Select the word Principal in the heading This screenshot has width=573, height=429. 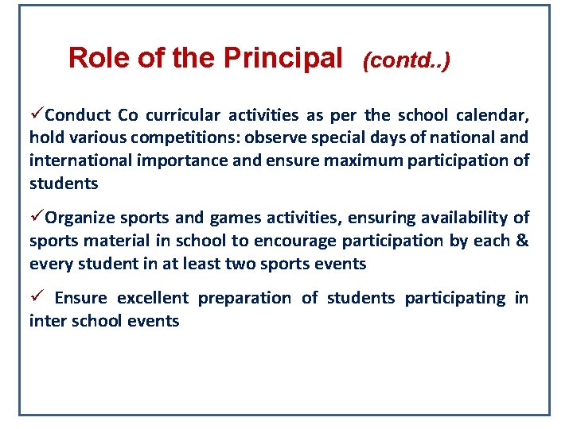pyautogui.click(x=283, y=57)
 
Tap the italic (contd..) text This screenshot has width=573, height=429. pyautogui.click(x=406, y=60)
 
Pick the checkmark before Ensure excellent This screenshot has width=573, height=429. pyautogui.click(x=36, y=298)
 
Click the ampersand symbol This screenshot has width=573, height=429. pyautogui.click(x=522, y=241)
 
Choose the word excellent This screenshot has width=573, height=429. pyautogui.click(x=153, y=299)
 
